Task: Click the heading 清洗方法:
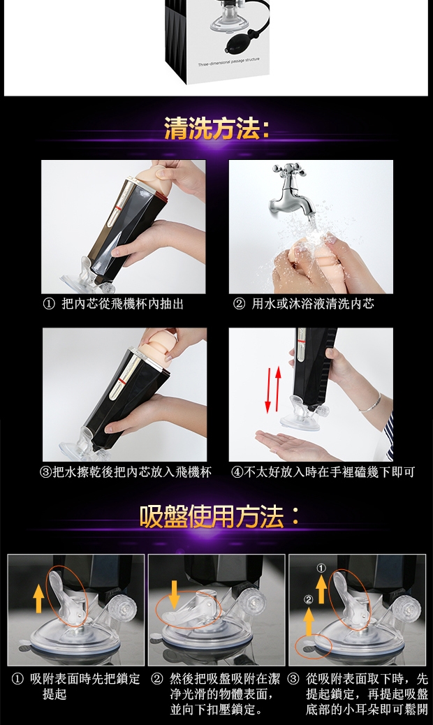tap(217, 128)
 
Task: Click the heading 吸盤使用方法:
tap(219, 516)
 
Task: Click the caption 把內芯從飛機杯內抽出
tap(122, 304)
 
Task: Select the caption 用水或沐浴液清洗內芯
tap(312, 304)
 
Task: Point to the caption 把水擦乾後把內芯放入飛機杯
tap(132, 472)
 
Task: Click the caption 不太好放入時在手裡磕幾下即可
tap(329, 472)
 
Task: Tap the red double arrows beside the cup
tap(272, 389)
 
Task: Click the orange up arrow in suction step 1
tap(39, 598)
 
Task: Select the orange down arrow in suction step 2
tap(174, 595)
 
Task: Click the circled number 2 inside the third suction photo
tap(309, 600)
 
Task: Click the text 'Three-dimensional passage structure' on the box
tap(229, 62)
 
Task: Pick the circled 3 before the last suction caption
tap(293, 679)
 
